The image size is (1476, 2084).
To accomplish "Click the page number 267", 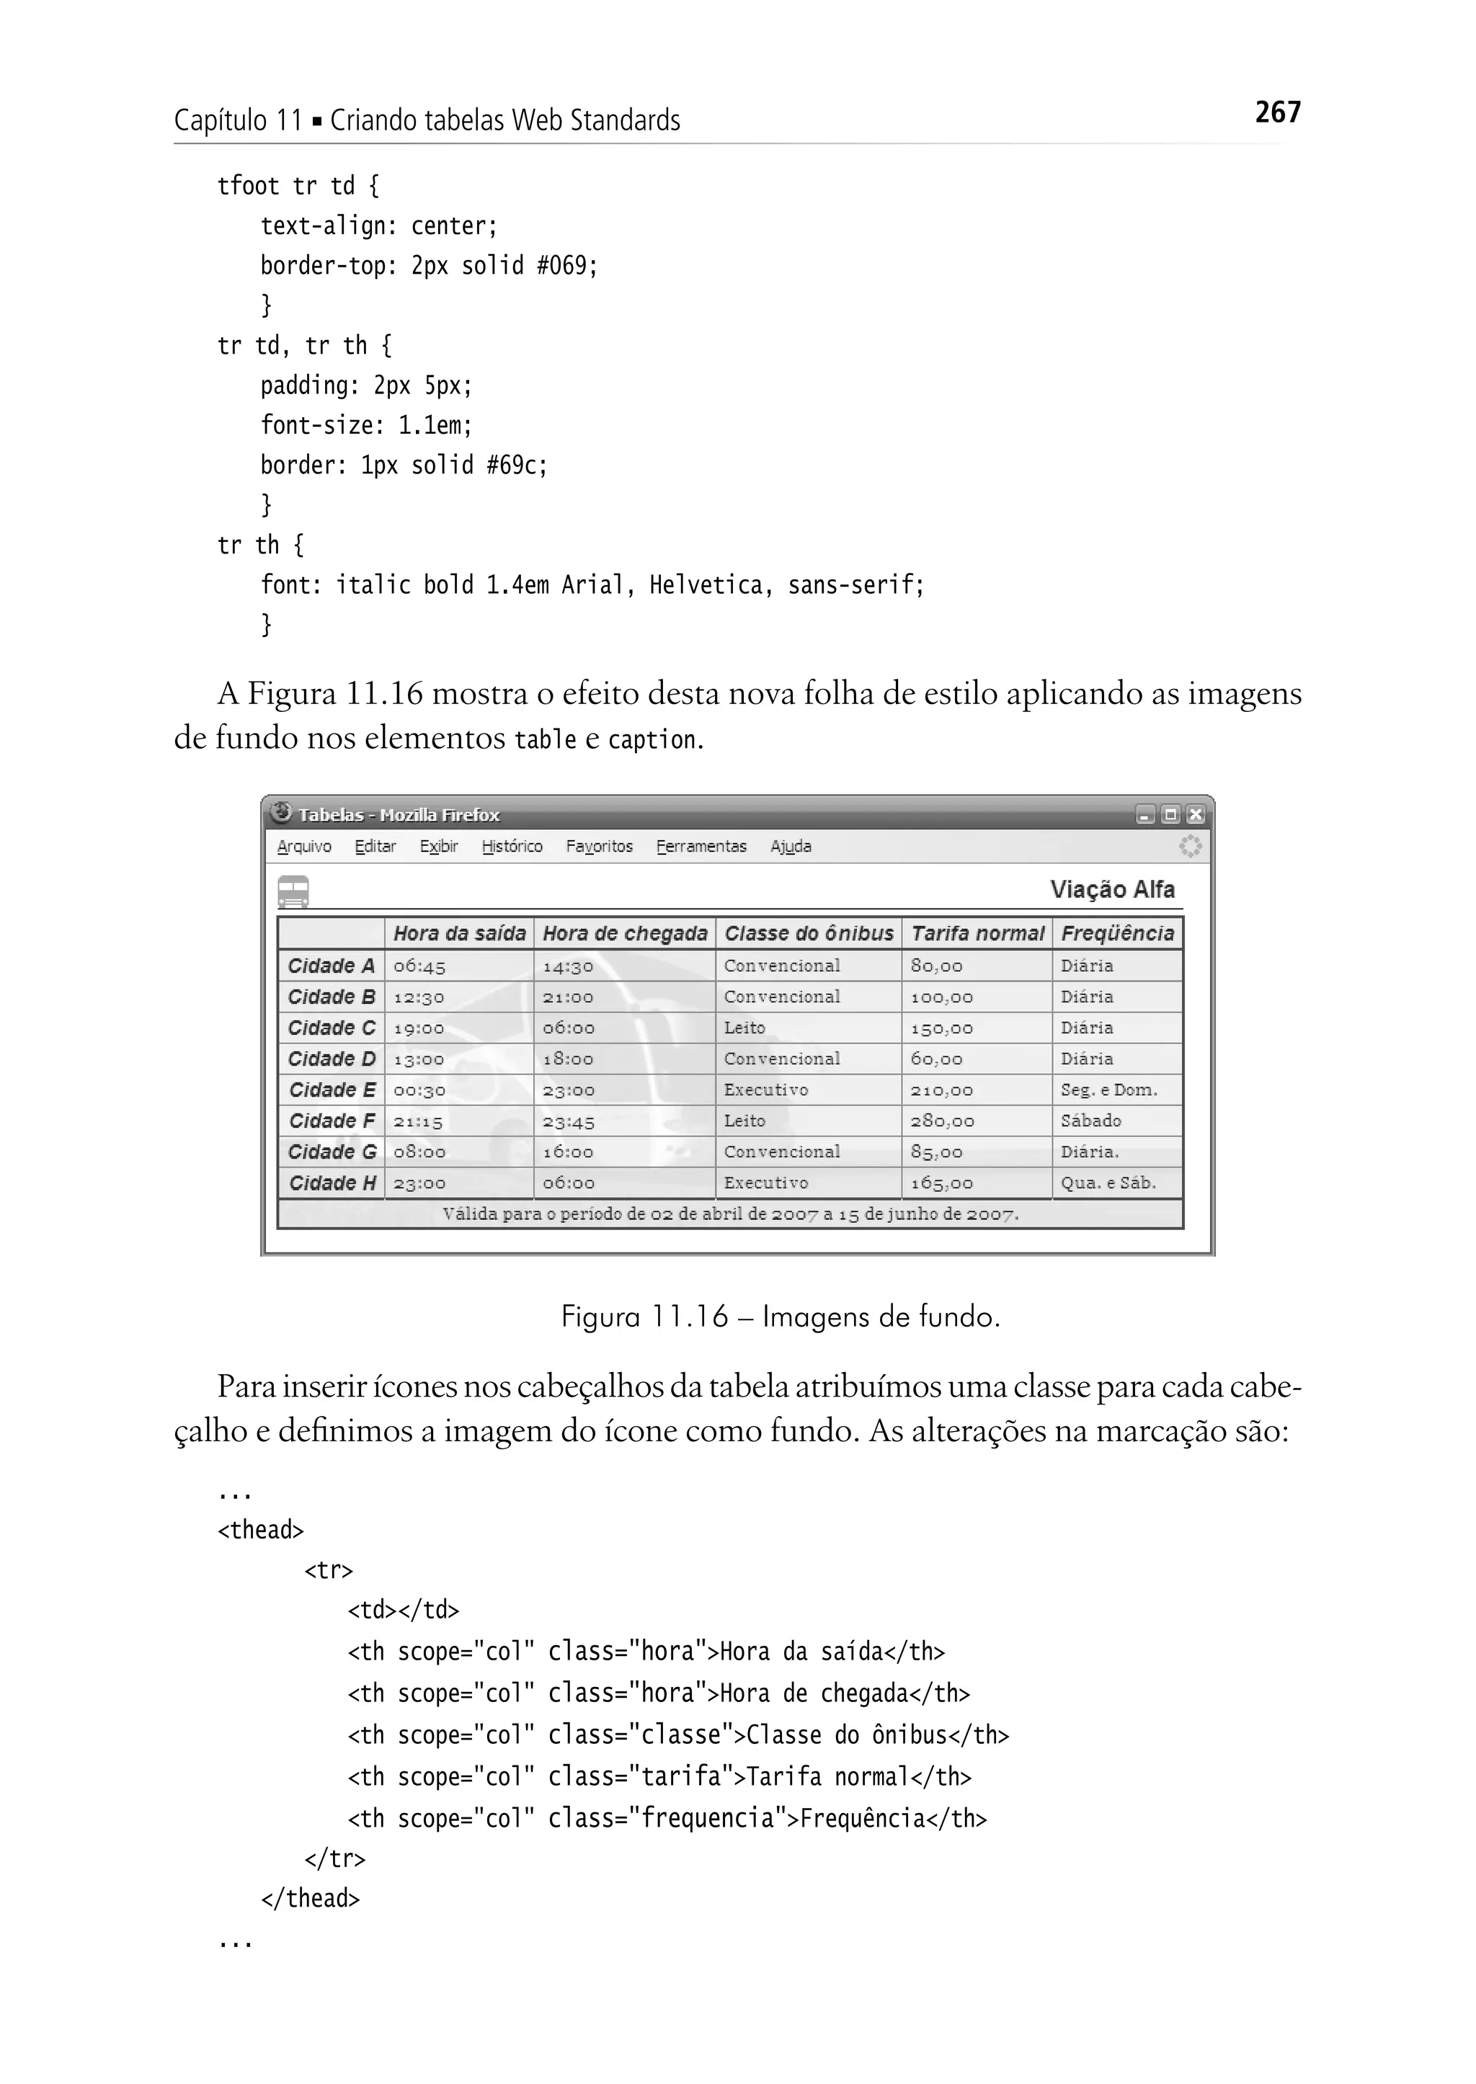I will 1277,112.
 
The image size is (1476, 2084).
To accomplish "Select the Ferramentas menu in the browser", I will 701,846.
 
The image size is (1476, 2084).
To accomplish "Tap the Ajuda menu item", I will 791,846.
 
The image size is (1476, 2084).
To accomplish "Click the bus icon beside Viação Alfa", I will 293,891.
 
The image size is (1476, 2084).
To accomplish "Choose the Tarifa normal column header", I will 977,933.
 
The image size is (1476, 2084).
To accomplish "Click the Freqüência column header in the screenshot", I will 1117,933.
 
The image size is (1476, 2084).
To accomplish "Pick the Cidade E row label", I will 332,1090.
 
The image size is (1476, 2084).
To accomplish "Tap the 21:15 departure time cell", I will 418,1121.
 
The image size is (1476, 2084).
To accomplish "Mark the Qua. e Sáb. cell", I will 1108,1183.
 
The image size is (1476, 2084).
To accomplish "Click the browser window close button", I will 1195,814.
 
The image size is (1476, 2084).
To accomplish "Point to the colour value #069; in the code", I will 567,265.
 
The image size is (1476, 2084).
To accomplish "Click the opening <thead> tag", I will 260,1530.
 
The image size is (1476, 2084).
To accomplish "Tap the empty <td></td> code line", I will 404,1610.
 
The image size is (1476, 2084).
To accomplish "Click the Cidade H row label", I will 332,1183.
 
